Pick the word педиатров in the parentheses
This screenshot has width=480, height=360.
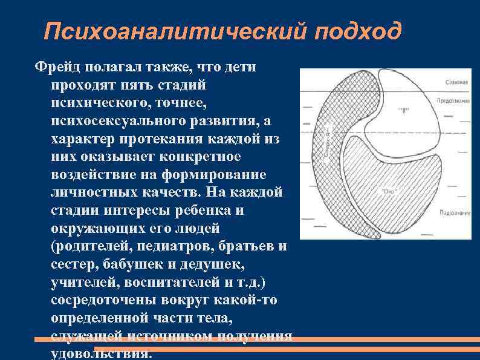176,247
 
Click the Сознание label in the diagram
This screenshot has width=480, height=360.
457,82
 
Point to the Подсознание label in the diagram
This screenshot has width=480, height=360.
455,213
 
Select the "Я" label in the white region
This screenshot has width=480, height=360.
403,110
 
